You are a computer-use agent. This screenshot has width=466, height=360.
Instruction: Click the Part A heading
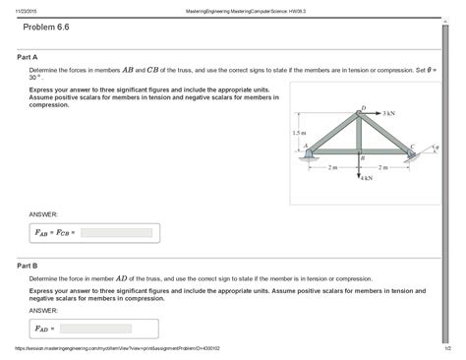28,57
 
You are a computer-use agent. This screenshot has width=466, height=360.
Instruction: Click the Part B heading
28,266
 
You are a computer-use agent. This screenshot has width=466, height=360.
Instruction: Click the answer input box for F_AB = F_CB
116,233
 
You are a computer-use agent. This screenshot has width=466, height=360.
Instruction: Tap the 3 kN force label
389,113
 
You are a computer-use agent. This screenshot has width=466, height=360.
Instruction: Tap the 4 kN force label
367,179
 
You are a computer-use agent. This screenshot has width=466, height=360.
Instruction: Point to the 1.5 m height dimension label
299,132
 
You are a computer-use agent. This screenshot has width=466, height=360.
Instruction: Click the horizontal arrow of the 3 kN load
375,113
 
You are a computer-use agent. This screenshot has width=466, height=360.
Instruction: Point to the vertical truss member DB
361,132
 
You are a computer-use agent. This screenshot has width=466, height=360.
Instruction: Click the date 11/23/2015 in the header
21,7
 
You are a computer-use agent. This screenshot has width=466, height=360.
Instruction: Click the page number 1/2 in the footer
445,348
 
